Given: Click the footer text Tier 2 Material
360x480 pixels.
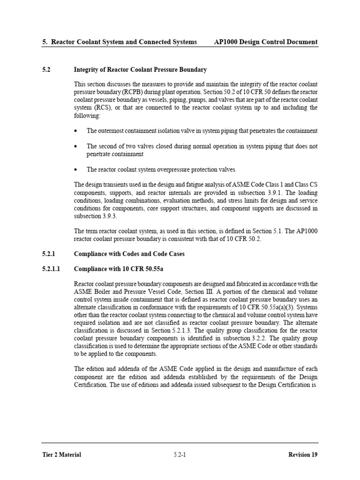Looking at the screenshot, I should [x=61, y=454].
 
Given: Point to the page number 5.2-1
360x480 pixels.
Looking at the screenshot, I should [x=180, y=454].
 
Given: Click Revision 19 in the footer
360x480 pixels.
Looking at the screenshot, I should [x=302, y=454].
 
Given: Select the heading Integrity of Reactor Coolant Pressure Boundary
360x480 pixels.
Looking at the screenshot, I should [x=141, y=70].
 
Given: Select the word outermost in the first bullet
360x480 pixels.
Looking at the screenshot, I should [x=112, y=131].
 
